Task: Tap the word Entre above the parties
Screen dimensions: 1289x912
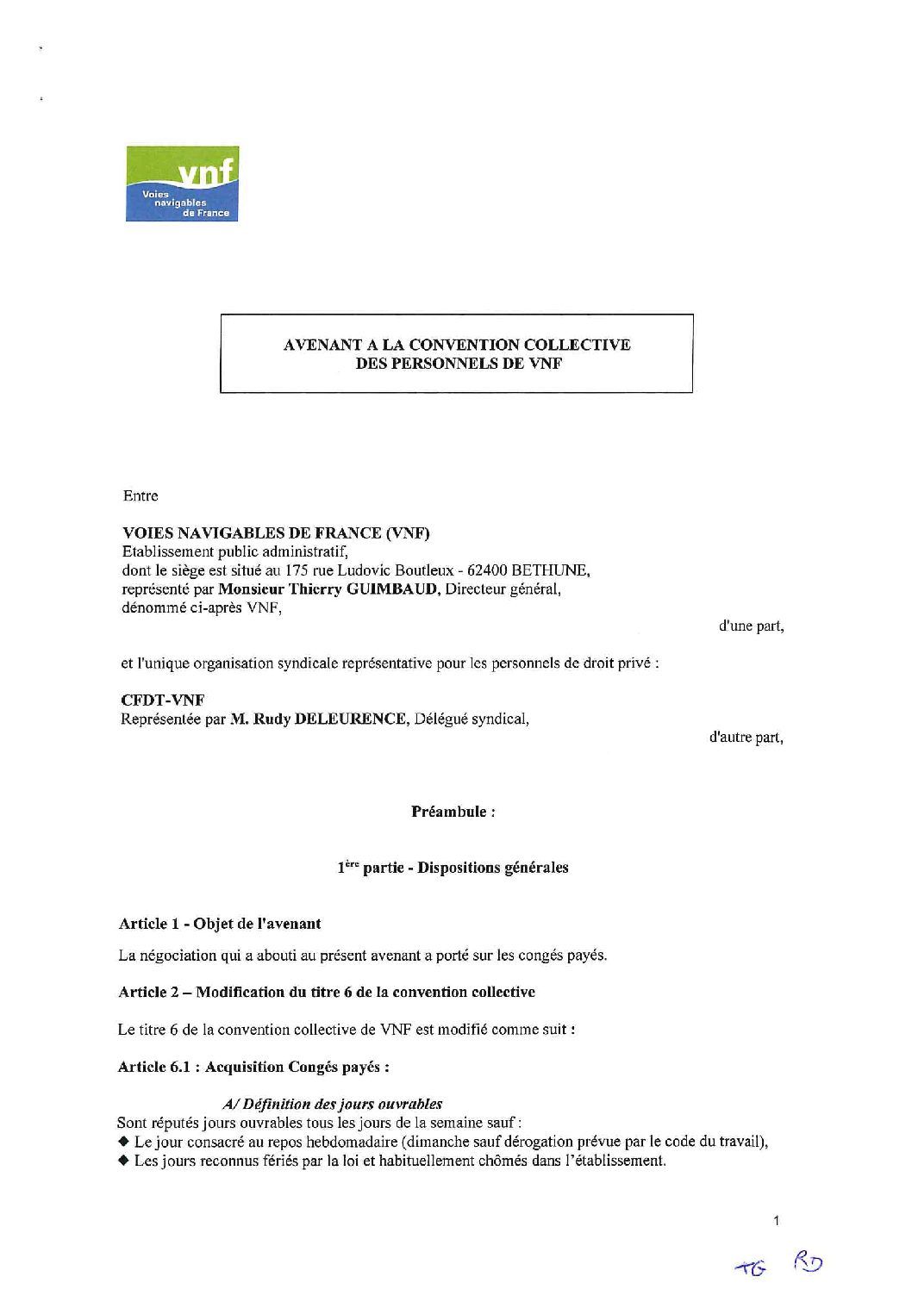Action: (141, 496)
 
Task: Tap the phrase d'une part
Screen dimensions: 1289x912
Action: (751, 626)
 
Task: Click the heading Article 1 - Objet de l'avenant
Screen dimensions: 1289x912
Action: (219, 924)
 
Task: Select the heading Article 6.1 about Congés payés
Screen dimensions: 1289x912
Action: (253, 1067)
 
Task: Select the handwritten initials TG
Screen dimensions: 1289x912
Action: (744, 1267)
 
